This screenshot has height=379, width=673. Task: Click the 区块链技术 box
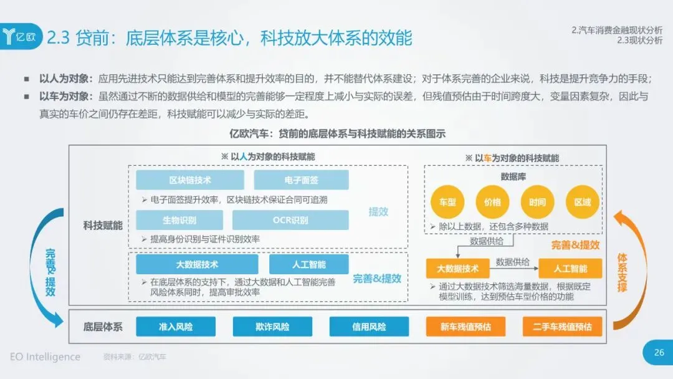tap(190, 180)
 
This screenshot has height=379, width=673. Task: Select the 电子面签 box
tap(301, 180)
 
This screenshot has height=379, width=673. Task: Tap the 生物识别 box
tap(179, 220)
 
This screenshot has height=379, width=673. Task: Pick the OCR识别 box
tap(290, 220)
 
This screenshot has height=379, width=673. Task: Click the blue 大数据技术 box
tap(197, 264)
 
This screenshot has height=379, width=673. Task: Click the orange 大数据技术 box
tap(457, 269)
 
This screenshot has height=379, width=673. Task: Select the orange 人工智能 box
tap(570, 269)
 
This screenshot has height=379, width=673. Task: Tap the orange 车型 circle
tap(447, 202)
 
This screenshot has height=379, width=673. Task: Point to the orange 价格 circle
tap(492, 202)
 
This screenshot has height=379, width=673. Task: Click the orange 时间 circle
tap(537, 202)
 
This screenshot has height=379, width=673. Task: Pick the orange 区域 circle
tap(582, 202)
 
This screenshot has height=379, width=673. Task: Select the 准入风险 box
tap(176, 327)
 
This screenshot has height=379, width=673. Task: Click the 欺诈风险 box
tap(272, 327)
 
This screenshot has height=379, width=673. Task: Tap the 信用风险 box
tap(369, 327)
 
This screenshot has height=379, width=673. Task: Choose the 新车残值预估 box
tap(465, 327)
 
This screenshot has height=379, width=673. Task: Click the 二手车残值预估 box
tap(562, 327)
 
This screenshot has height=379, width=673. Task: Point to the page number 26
tap(659, 353)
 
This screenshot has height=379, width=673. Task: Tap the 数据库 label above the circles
tap(513, 177)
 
